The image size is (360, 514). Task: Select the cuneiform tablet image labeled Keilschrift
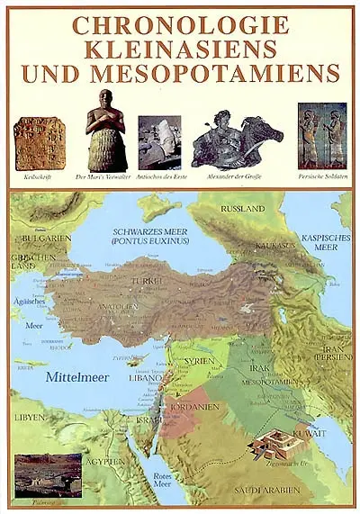39,143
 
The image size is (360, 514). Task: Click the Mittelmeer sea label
77,377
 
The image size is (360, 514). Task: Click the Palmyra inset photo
48,474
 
